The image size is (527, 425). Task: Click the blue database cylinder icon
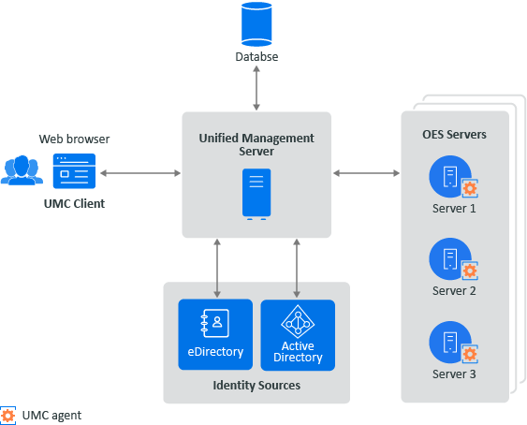[x=256, y=23]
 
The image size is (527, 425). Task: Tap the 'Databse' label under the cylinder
[x=256, y=57]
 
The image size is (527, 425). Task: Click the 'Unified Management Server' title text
[x=256, y=145]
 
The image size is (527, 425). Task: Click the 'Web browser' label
[x=74, y=139]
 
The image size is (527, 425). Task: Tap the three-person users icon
[x=22, y=170]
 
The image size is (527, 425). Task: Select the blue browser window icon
[x=74, y=172]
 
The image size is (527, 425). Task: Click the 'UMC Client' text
[x=74, y=204]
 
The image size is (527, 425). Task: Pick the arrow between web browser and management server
[x=140, y=173]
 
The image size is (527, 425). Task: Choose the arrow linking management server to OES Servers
[x=366, y=173]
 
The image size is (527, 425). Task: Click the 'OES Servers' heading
[x=455, y=135]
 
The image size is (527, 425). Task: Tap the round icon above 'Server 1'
[x=449, y=175]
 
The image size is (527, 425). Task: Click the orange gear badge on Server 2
[x=471, y=271]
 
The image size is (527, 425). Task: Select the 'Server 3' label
[x=455, y=374]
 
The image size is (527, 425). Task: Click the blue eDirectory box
[x=215, y=335]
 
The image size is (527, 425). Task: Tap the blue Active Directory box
[x=298, y=335]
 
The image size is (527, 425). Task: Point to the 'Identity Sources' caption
[x=256, y=385]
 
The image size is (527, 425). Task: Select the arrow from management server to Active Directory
[x=298, y=268]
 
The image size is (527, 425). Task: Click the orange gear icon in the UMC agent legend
[x=8, y=414]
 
